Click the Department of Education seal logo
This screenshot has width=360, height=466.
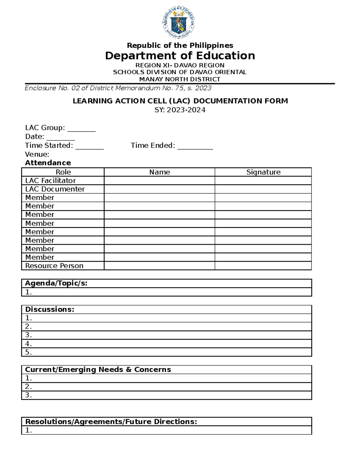click(179, 23)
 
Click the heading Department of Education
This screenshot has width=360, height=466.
click(180, 56)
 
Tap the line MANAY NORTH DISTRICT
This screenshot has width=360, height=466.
click(180, 79)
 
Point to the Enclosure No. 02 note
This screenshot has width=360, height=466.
click(118, 88)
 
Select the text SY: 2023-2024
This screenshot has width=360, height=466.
click(180, 110)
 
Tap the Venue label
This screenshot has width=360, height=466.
click(37, 154)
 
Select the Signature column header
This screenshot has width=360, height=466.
click(263, 172)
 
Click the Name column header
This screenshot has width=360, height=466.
click(159, 172)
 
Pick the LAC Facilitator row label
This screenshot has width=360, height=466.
click(50, 181)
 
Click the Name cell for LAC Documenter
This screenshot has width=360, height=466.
click(159, 189)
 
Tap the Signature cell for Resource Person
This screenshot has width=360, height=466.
click(263, 266)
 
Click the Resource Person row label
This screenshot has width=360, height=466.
click(54, 266)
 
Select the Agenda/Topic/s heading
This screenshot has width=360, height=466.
click(56, 283)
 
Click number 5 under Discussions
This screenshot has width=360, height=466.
click(28, 352)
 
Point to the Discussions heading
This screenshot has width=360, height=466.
click(49, 309)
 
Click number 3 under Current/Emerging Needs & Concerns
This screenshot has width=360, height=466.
click(28, 395)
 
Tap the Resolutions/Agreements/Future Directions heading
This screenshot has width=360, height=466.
click(111, 422)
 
